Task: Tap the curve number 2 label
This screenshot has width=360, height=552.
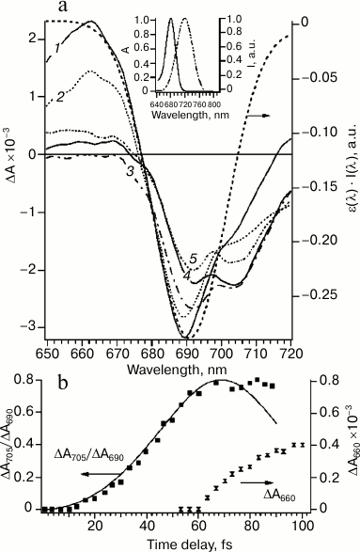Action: [59, 96]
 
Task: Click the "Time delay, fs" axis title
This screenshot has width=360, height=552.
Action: [176, 543]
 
